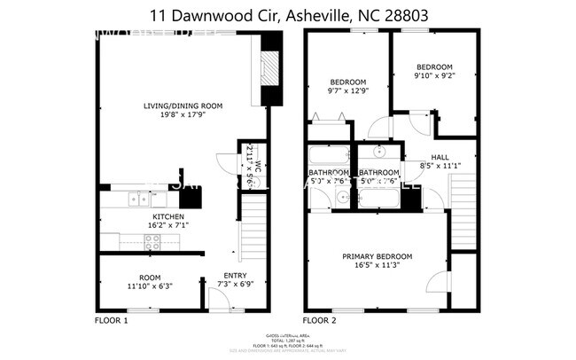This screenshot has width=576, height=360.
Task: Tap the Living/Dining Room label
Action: tap(183, 111)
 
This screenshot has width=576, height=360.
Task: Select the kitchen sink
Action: tap(137, 199)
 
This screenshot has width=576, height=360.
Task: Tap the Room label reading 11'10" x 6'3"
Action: tap(149, 282)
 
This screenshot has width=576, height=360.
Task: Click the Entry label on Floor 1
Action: tap(235, 280)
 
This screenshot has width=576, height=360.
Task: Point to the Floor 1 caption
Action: tap(112, 319)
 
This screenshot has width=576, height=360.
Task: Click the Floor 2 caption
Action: tap(320, 319)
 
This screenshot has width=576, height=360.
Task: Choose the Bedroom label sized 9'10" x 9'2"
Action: tap(435, 72)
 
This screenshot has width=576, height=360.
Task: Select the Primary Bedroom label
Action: tap(377, 262)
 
